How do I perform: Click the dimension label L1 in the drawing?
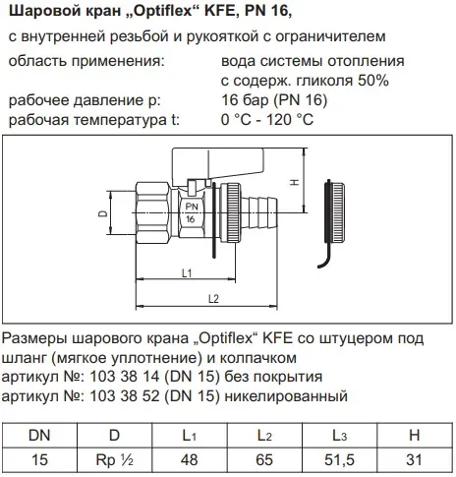187,272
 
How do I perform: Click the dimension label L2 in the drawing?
213,299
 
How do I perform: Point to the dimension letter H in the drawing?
295,182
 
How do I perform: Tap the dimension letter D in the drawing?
103,213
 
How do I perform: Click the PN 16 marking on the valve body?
192,212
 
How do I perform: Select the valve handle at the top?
218,164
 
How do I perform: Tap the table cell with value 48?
190,459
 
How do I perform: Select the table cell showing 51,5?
339,459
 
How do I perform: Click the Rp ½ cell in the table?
115,459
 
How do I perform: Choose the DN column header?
39,435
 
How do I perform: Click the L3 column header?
339,435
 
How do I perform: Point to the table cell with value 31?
415,459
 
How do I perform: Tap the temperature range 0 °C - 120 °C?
267,119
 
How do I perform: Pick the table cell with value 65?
264,459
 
